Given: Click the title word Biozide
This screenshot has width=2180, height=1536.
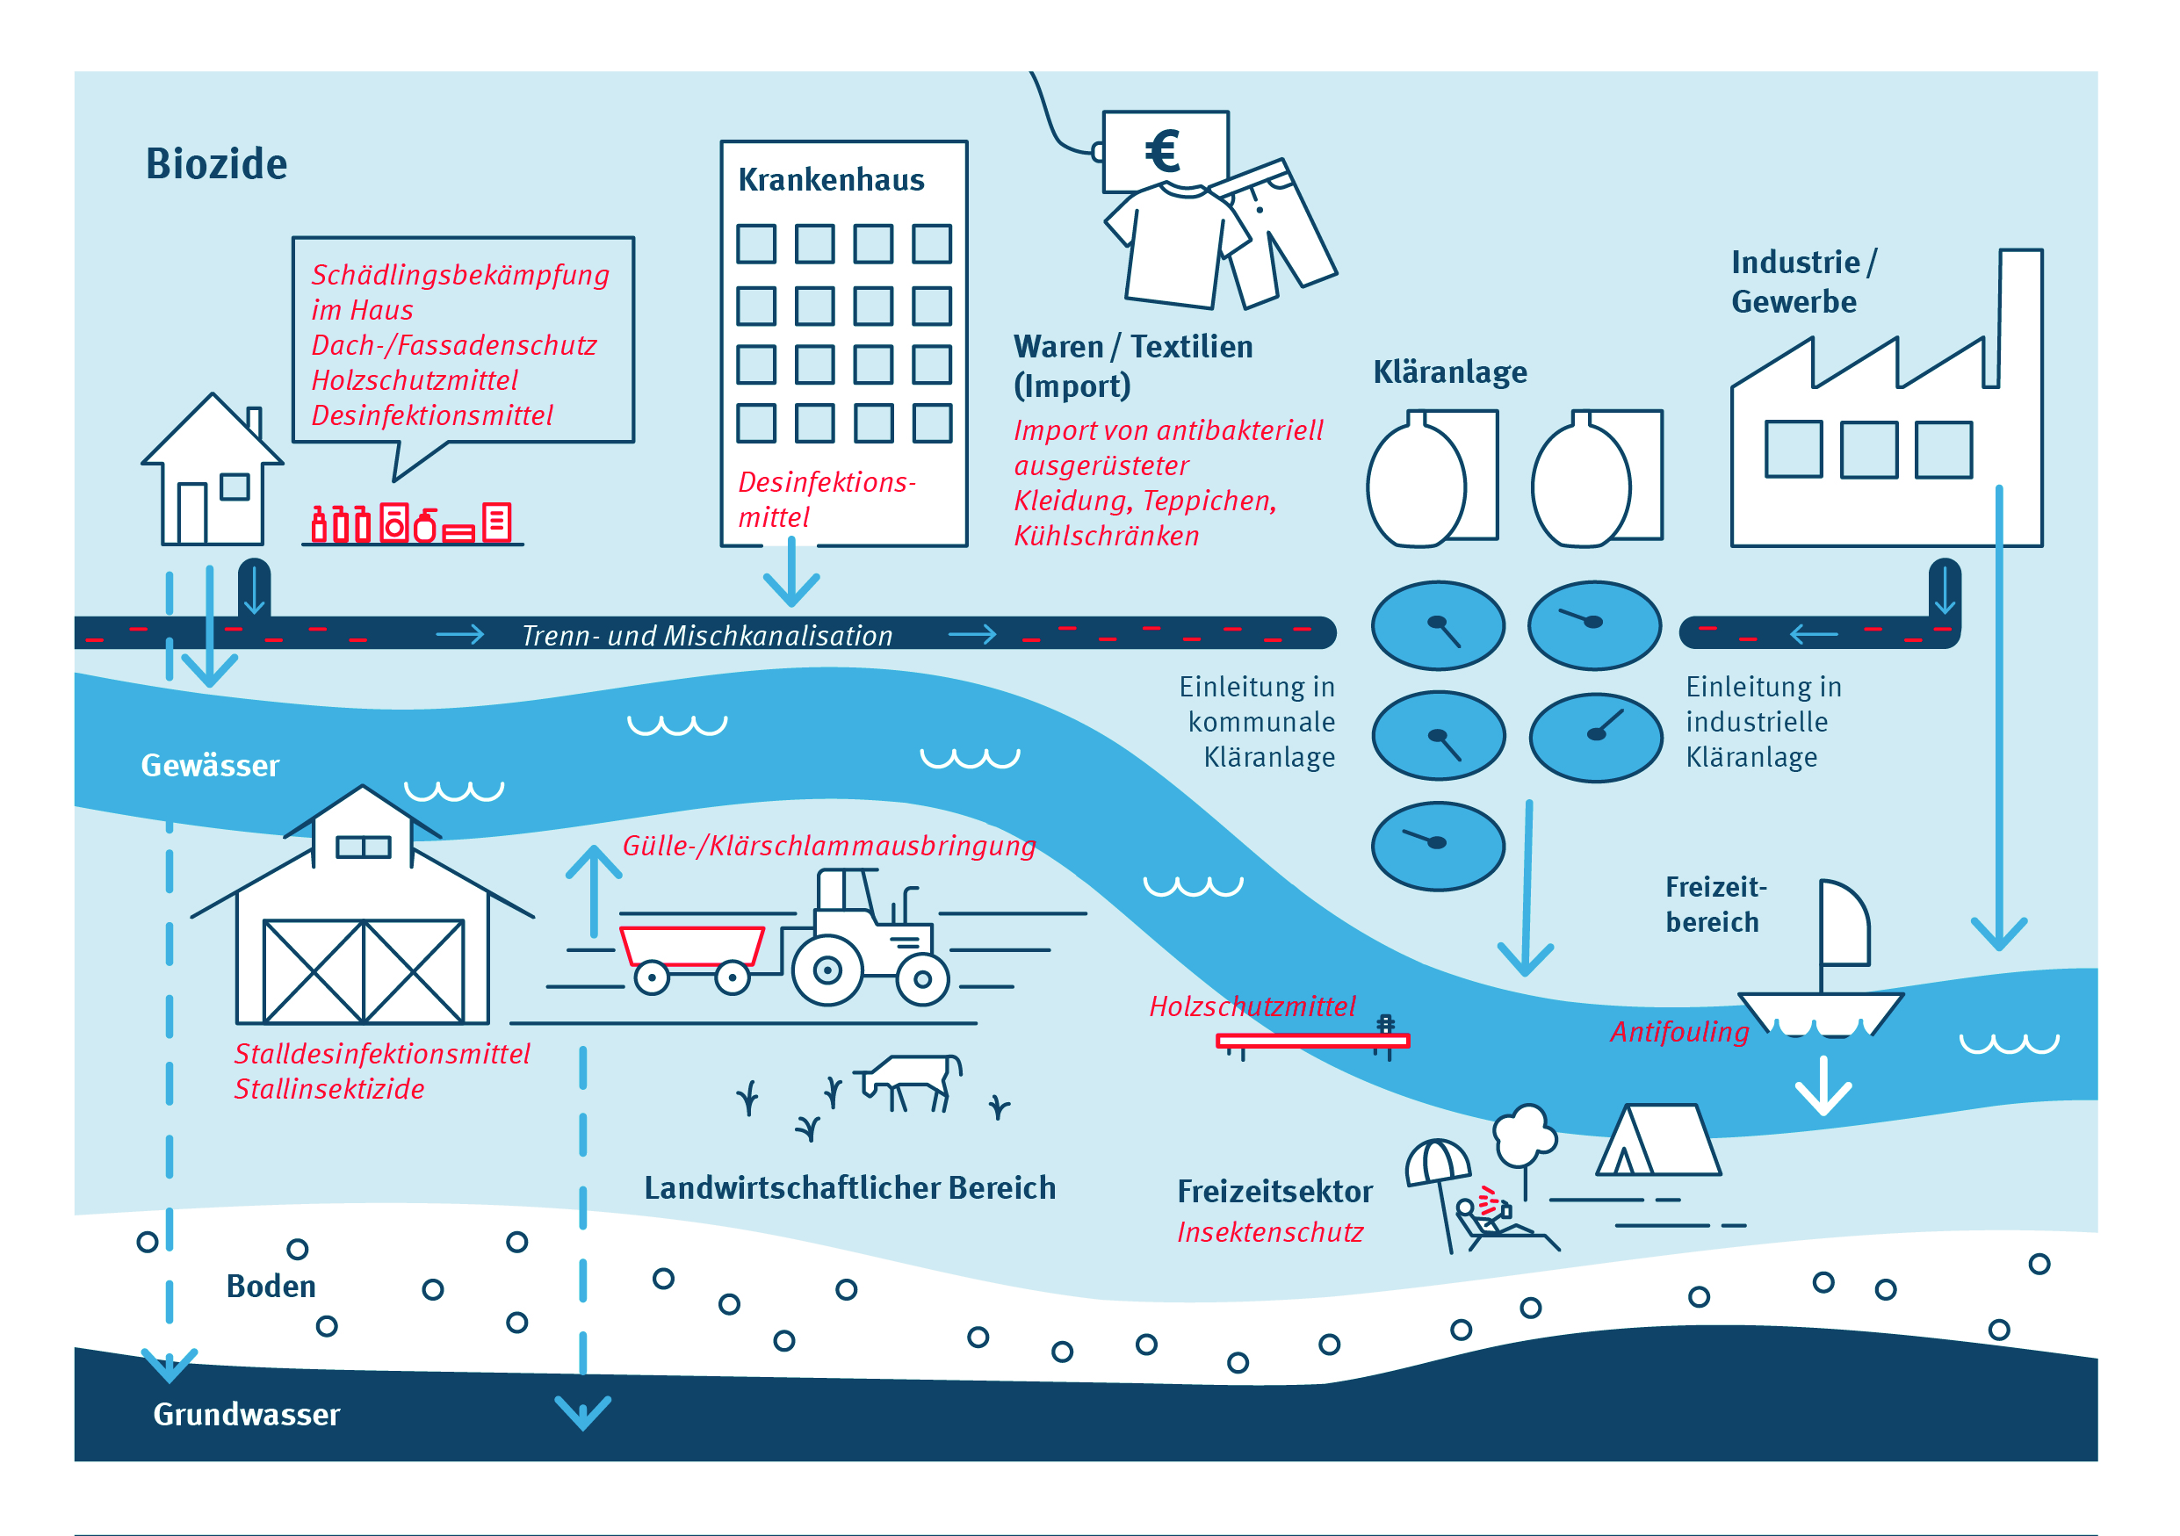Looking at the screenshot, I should (x=216, y=164).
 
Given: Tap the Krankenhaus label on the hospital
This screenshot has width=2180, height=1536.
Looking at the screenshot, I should (x=831, y=179).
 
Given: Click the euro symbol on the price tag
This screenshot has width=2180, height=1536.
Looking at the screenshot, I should (x=1162, y=151).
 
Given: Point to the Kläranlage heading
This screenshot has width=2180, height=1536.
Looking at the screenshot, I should (x=1450, y=372).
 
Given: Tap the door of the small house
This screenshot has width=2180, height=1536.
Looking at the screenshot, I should (x=191, y=514).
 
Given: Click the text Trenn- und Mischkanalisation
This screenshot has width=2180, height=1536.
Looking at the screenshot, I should (x=707, y=635).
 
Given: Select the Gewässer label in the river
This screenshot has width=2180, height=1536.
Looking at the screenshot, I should (x=210, y=765).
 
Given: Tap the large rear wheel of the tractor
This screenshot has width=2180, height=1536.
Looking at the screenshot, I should (x=827, y=970).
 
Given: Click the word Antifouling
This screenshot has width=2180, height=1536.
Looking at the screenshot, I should (x=1678, y=1032).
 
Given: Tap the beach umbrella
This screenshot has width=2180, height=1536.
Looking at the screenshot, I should (x=1438, y=1163).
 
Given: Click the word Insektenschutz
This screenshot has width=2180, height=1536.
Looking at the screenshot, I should (x=1269, y=1232).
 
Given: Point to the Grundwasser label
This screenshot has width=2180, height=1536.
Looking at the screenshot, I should (x=246, y=1415).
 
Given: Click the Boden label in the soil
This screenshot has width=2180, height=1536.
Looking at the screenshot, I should (x=271, y=1287).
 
